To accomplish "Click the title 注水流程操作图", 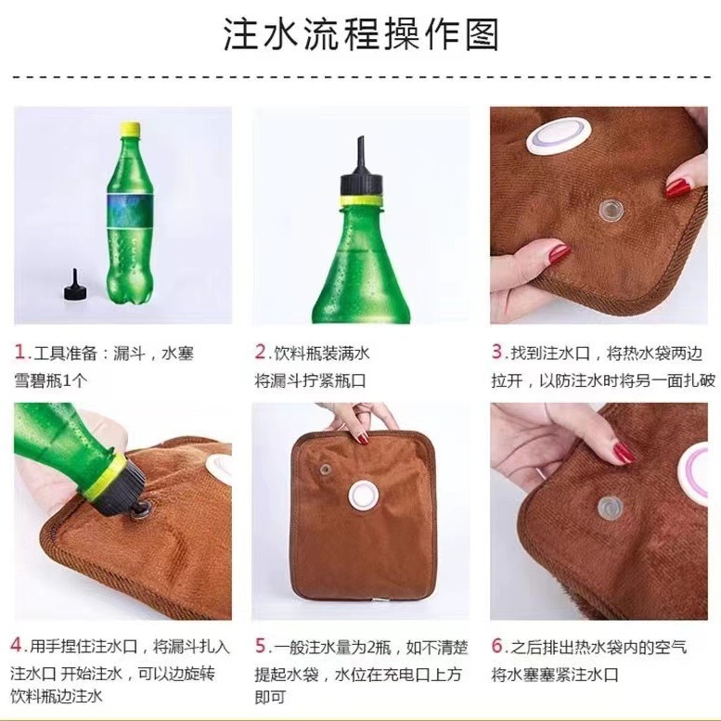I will (361, 34).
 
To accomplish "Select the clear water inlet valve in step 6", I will (610, 507).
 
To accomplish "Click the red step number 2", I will (261, 353).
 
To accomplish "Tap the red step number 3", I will (496, 353).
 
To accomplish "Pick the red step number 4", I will (18, 644).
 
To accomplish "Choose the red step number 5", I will (261, 644).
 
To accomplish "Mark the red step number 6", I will (497, 644).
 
